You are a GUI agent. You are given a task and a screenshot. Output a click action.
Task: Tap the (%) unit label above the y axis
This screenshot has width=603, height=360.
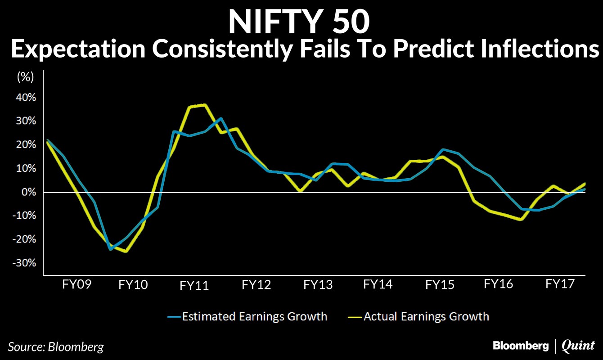point(25,77)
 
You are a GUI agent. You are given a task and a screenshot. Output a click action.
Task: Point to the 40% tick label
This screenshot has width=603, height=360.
point(27,98)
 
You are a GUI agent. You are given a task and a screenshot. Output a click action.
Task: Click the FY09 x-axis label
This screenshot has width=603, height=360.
point(76,285)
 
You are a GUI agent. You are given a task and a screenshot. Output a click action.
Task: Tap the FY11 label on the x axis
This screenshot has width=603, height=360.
point(194,286)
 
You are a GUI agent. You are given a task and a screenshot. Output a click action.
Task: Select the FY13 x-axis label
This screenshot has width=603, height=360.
point(318,285)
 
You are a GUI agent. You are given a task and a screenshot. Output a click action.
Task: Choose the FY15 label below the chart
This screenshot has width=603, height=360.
point(440,285)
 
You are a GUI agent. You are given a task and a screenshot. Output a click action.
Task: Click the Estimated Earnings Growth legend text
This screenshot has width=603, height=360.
point(254,316)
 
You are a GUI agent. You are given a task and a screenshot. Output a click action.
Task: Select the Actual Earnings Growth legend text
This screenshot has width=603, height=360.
point(426,316)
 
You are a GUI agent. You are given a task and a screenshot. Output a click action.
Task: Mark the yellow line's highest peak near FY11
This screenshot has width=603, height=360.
point(205,105)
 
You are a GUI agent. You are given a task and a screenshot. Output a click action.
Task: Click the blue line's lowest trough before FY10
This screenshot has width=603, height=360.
point(110,249)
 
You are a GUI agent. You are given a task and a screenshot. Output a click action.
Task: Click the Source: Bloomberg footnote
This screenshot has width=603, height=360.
point(56,347)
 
